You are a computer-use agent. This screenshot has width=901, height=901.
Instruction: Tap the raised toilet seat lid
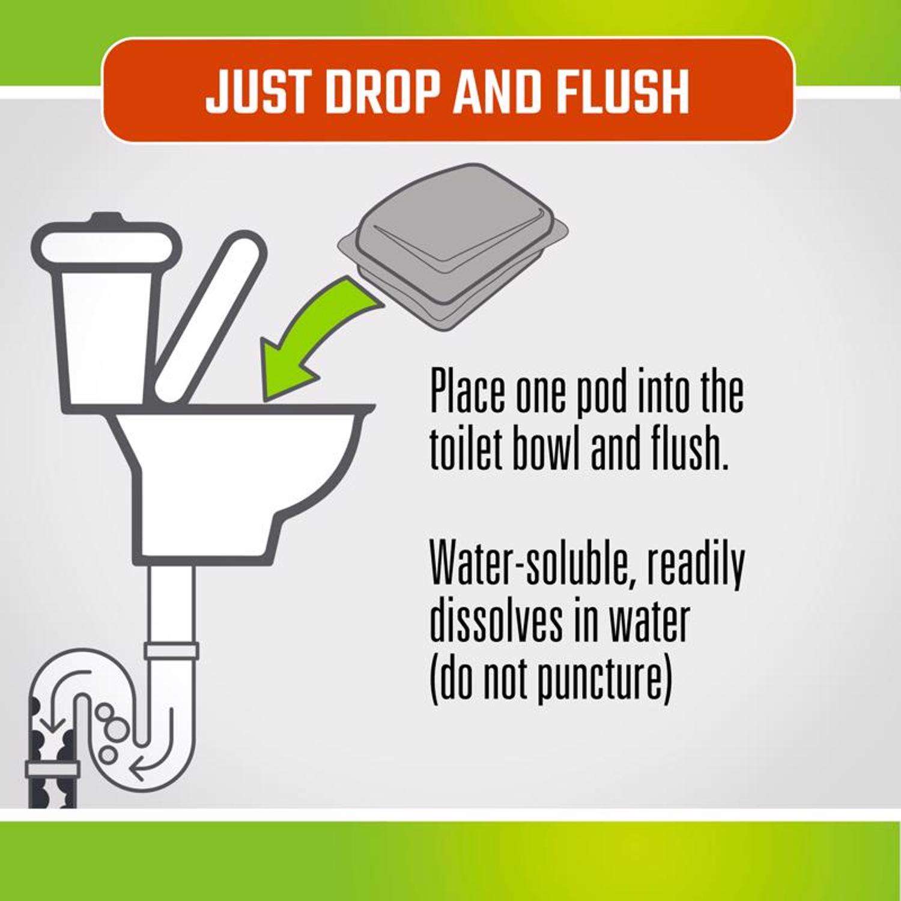pos(207,318)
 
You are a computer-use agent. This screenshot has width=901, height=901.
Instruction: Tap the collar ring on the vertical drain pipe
pos(171,651)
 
